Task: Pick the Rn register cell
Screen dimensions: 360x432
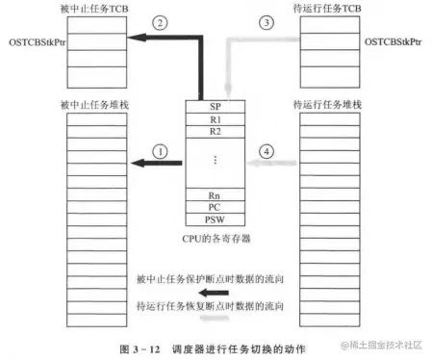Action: click(x=216, y=194)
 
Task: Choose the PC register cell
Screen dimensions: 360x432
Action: click(x=216, y=206)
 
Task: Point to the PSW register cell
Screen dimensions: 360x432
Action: click(x=216, y=219)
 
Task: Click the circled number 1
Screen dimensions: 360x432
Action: click(x=161, y=150)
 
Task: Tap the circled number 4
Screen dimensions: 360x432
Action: click(x=268, y=150)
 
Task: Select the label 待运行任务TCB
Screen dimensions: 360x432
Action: click(x=330, y=9)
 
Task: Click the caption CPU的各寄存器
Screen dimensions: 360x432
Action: click(x=216, y=235)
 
